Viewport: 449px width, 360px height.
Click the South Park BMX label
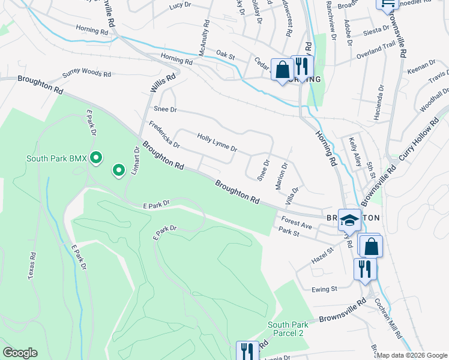56,158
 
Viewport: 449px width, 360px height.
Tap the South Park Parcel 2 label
286,329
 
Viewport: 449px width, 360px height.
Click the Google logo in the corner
20,353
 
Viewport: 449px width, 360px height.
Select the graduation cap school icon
349,220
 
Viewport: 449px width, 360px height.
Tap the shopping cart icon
387,4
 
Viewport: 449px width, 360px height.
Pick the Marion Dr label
281,176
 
